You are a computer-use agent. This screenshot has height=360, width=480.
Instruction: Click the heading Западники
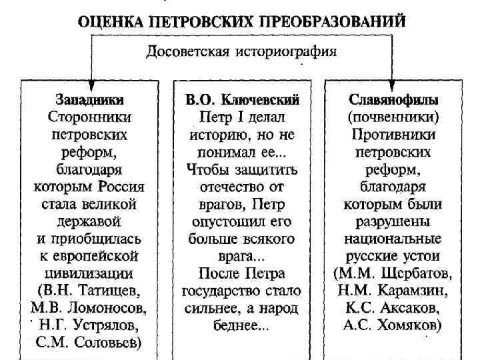point(90,100)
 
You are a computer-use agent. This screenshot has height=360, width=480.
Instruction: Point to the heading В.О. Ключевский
point(242,100)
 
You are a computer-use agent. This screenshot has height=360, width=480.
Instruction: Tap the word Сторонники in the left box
point(90,117)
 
